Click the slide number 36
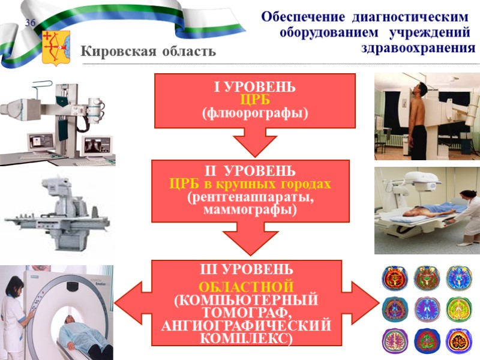click(x=30, y=23)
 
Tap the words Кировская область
click(x=148, y=52)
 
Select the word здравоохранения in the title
click(x=415, y=47)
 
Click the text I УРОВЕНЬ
click(x=254, y=88)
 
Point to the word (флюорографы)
click(x=255, y=112)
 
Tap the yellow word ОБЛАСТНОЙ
click(x=246, y=284)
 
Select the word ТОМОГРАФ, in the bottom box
click(x=246, y=311)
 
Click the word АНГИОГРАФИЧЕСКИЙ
click(x=246, y=325)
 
